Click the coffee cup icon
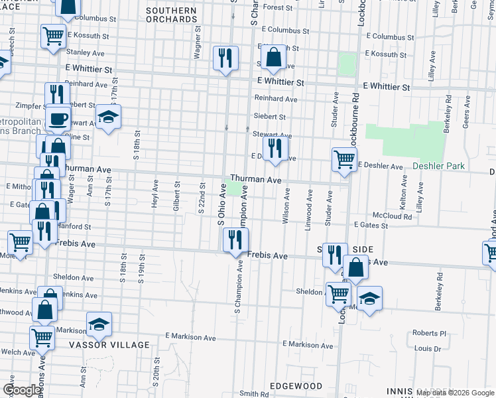click(58, 119)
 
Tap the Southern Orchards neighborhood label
click(171, 15)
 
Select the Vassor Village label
click(109, 345)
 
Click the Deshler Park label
click(438, 166)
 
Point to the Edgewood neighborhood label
click(296, 386)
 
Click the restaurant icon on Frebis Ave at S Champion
click(235, 240)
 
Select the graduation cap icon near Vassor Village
click(99, 324)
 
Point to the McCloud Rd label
click(387, 215)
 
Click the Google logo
click(22, 390)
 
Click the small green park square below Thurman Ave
click(235, 190)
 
